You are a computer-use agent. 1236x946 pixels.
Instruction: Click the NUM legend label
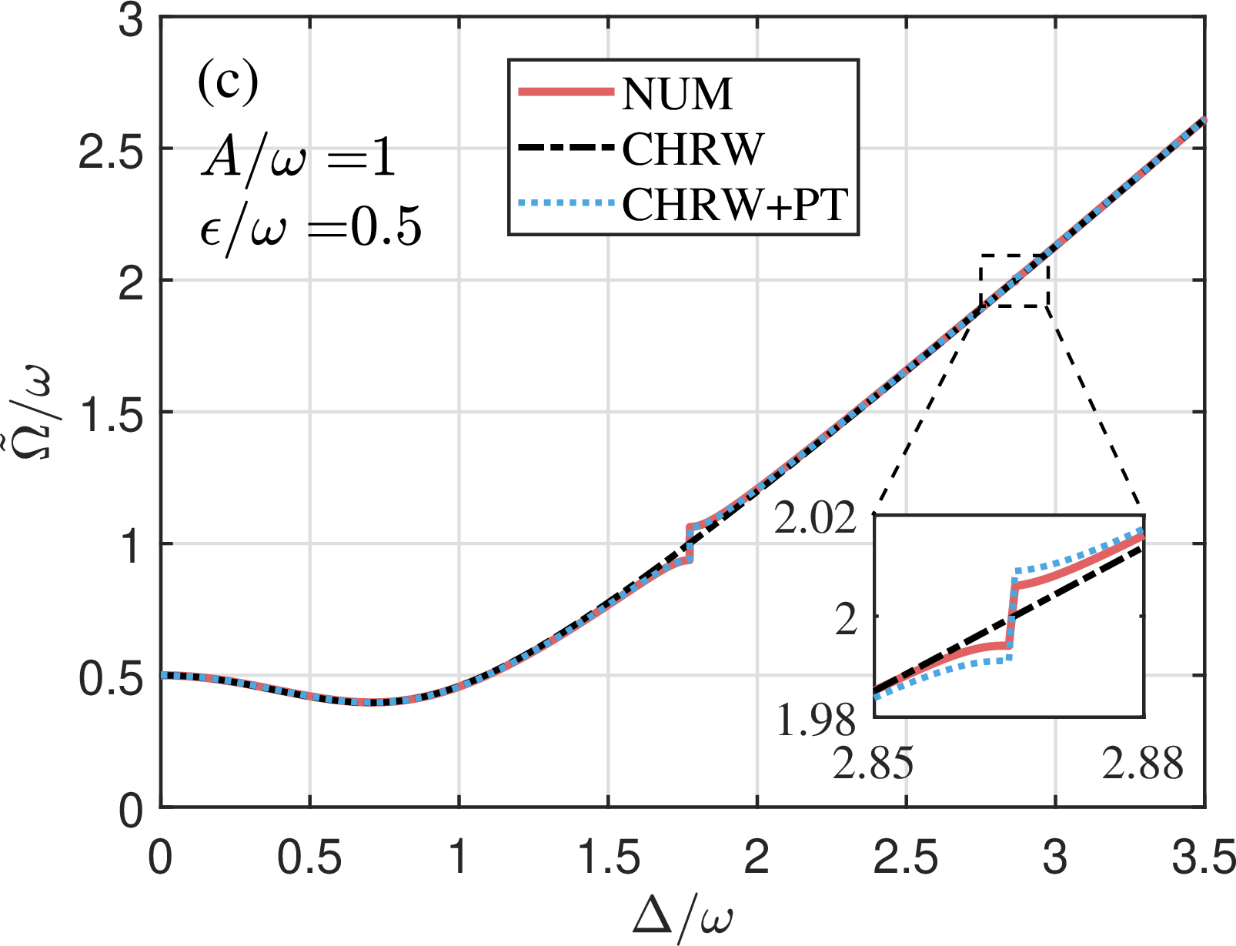coord(677,94)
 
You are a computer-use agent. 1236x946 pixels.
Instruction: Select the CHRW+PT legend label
coord(735,205)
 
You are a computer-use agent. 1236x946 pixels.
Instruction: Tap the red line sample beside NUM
coord(566,92)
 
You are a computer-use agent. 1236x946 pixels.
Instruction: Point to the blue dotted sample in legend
coord(566,204)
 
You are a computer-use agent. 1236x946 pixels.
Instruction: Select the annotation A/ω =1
coord(299,159)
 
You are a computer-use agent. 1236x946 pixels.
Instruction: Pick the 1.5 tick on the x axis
coord(608,856)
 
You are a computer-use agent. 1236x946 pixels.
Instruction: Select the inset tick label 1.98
coord(815,720)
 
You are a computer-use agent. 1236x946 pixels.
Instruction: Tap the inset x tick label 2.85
coord(873,764)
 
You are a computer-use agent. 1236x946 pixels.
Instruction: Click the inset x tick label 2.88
coord(1143,764)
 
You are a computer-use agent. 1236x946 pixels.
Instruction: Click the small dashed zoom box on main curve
coord(1014,280)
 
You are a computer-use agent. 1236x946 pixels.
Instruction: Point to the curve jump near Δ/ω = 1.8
coord(690,543)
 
